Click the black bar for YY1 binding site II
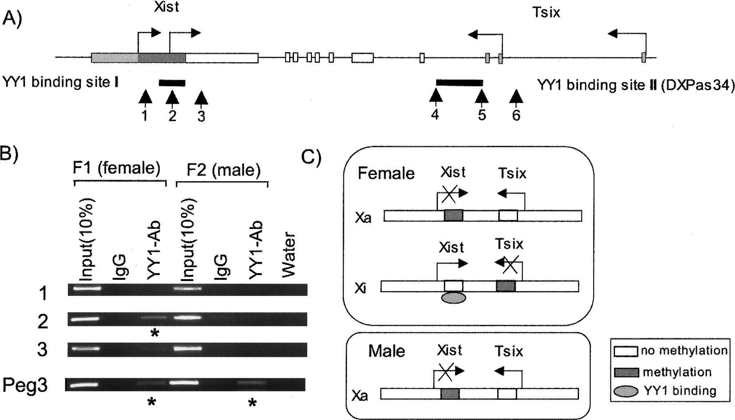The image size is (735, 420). tap(459, 83)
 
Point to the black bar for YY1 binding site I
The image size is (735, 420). tap(172, 83)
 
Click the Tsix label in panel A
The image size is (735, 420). tap(546, 13)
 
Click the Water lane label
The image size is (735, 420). tap(288, 255)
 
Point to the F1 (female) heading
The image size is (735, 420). tap(117, 168)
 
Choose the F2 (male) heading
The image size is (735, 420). tap(223, 170)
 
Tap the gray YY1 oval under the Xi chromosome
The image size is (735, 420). tap(453, 298)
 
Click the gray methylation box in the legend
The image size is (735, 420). tap(626, 372)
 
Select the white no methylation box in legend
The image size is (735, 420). tap(626, 351)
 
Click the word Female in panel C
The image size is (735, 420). tap(386, 174)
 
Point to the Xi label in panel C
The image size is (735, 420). tap(361, 288)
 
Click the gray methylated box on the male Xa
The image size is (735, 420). tap(450, 394)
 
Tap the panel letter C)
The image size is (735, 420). tap(311, 156)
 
